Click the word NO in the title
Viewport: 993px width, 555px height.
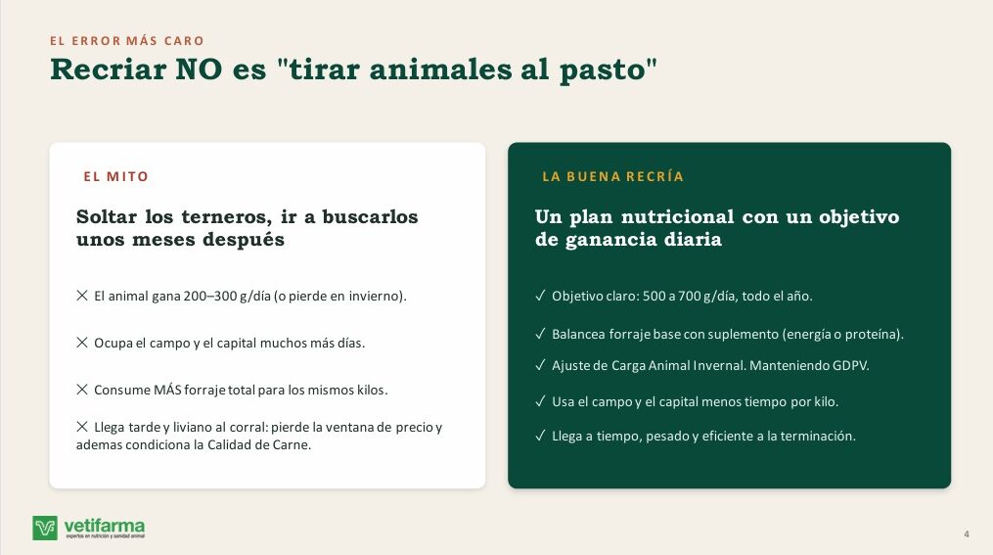click(199, 69)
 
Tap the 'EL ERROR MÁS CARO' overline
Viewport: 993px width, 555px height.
click(127, 41)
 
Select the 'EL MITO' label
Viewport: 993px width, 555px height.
click(115, 177)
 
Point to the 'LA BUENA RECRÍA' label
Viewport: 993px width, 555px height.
click(613, 177)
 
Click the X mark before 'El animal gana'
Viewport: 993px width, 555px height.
click(82, 296)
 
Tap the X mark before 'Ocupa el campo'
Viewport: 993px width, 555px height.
click(82, 343)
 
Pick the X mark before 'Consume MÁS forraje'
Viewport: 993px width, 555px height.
click(82, 389)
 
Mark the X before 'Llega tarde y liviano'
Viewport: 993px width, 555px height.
click(82, 427)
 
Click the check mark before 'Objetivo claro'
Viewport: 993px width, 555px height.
click(540, 296)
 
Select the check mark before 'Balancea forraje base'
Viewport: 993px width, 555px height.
click(540, 333)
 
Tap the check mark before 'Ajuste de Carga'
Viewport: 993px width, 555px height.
click(540, 365)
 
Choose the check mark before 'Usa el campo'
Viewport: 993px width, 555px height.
click(540, 401)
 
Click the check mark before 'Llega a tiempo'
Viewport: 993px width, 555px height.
click(540, 436)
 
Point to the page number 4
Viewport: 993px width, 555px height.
click(967, 534)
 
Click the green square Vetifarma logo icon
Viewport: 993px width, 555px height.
click(45, 528)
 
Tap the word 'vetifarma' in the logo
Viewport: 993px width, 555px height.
click(105, 526)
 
